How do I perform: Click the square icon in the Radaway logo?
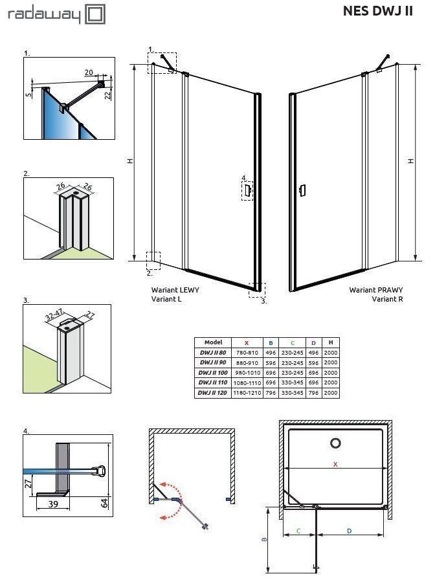(95, 14)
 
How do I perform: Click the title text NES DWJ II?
(377, 12)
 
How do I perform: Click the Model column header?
(213, 342)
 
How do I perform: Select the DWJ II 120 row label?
(213, 393)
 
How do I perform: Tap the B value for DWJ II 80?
(271, 353)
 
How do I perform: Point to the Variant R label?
(387, 300)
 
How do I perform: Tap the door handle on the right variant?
(301, 190)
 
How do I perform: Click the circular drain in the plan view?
(336, 443)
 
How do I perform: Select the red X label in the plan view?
(335, 464)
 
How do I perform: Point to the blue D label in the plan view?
(349, 531)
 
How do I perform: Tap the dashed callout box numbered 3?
(257, 289)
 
